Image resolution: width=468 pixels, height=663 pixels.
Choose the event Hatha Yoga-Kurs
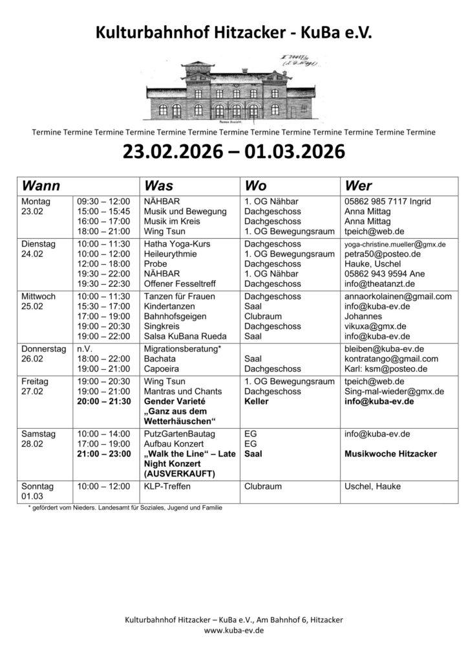point(176,244)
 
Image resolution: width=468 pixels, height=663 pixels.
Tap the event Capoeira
point(163,368)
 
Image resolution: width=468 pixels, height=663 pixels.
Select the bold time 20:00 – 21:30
point(103,401)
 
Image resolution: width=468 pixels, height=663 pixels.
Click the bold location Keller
point(257,401)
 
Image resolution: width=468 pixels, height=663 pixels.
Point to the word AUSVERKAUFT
point(178,474)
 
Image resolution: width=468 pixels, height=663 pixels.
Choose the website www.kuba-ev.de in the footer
point(233,630)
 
